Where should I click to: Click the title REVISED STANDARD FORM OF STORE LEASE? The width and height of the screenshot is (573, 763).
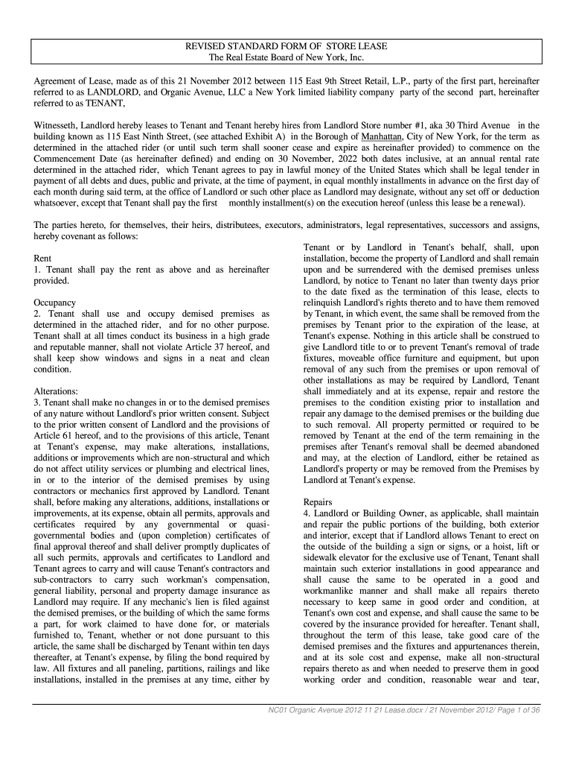coord(286,46)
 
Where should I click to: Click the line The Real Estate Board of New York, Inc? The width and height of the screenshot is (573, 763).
coord(286,57)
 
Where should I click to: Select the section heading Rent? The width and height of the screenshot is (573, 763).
coord(43,258)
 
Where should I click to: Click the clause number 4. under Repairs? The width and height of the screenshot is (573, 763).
coord(307,514)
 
